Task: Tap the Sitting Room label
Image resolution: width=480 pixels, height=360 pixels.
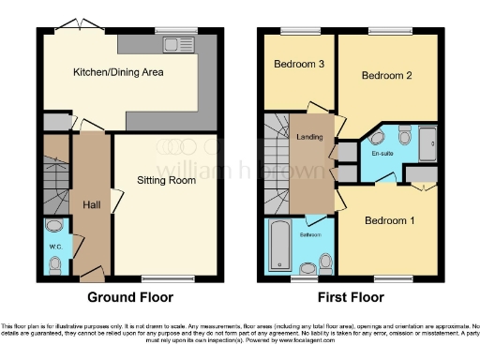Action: (x=168, y=180)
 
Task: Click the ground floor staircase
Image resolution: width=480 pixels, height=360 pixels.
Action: (x=56, y=184)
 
